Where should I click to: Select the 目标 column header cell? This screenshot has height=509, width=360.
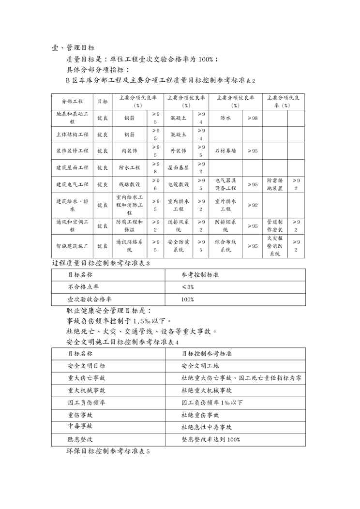103,102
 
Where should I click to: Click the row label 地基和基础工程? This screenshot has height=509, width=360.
72,118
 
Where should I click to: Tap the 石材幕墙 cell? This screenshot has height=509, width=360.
225,151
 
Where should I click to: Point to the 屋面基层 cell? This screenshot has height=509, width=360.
178,167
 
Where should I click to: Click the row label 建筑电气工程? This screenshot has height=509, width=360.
72,184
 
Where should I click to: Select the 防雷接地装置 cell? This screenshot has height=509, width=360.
275,184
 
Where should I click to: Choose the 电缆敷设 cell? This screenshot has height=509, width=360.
178,184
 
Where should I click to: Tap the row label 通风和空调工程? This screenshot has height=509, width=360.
72,225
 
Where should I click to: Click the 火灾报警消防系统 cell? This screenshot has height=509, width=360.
275,246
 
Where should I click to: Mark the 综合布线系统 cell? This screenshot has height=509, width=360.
225,246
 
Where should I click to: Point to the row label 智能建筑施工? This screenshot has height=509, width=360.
72,246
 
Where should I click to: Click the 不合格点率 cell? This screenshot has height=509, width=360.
84,287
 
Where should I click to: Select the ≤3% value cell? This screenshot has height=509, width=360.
187,287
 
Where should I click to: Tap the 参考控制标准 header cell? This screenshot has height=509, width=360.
200,274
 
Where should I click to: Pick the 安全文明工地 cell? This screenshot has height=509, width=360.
200,366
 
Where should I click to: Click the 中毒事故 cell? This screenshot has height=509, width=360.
80,426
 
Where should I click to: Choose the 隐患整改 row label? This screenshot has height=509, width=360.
80,439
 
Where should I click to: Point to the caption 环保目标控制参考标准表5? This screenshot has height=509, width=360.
108,451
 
